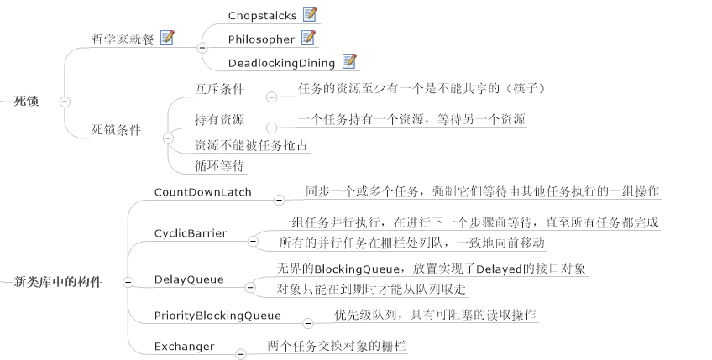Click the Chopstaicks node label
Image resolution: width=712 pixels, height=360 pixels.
(x=262, y=15)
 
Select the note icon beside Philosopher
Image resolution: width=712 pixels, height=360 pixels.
(x=308, y=38)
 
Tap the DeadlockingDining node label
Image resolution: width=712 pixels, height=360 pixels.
(x=281, y=63)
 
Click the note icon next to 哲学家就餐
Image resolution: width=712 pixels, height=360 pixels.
(x=167, y=38)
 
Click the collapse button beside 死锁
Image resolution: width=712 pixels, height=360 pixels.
(x=65, y=102)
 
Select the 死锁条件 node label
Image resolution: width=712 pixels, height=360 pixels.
(x=116, y=130)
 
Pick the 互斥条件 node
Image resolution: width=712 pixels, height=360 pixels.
(x=219, y=87)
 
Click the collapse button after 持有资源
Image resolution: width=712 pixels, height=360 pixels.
(x=271, y=127)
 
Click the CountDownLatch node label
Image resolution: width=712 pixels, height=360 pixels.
(x=202, y=192)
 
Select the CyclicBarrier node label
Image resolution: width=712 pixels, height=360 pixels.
(x=191, y=232)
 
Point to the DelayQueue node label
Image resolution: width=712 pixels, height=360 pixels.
(x=188, y=279)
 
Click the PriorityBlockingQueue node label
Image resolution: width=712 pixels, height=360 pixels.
(x=217, y=316)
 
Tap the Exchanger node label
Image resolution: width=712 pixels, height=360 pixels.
(x=184, y=346)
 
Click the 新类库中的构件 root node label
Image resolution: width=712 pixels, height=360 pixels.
(x=58, y=283)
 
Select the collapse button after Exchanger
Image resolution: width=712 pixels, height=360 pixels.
(x=239, y=353)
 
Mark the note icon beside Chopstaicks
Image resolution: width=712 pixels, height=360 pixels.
(x=310, y=14)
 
